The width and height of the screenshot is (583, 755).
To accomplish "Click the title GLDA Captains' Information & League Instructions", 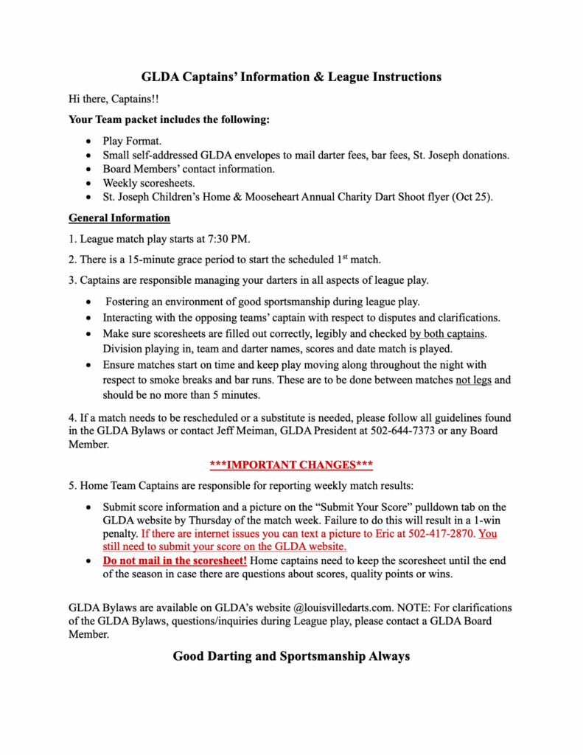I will point(291,77).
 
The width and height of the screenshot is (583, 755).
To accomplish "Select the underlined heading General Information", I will point(119,218).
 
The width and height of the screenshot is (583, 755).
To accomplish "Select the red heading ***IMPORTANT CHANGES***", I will point(291,465).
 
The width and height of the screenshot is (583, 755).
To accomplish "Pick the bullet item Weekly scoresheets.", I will point(149,183).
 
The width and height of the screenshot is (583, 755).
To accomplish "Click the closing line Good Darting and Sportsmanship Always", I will point(291,656).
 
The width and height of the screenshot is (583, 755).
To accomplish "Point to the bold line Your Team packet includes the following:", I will point(169,119).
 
